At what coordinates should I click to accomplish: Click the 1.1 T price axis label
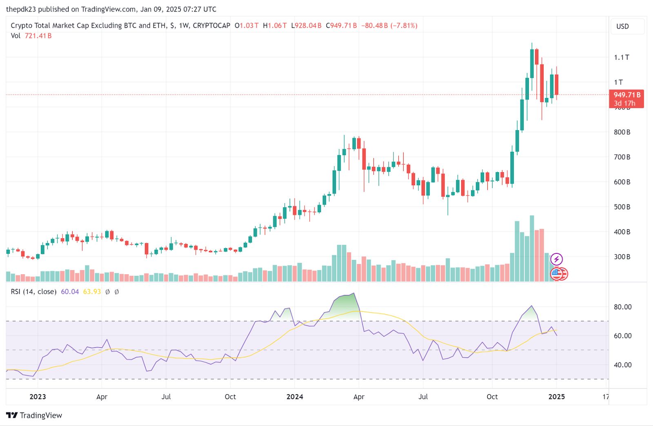tap(621, 58)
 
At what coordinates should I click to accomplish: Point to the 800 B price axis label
tap(622, 132)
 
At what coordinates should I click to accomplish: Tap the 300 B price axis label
tap(622, 257)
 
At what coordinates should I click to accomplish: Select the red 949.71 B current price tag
tap(626, 99)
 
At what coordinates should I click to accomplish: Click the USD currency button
tap(623, 27)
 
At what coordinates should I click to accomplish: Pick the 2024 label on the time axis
tap(295, 397)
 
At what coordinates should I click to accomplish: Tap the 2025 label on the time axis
tap(556, 397)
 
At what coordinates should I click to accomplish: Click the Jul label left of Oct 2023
tap(166, 397)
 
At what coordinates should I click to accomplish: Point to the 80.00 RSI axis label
tap(622, 307)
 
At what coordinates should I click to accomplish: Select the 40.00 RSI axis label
tap(622, 365)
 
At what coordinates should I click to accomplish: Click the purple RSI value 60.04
tap(70, 292)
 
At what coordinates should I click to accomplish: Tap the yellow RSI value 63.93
tap(92, 292)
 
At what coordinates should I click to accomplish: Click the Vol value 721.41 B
tap(38, 36)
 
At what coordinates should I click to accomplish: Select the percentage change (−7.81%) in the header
tap(404, 26)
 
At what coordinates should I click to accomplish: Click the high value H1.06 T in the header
tap(275, 26)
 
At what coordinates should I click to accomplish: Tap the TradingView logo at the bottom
tap(34, 415)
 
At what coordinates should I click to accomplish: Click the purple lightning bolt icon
tap(557, 259)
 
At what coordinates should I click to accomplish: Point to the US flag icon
tap(557, 273)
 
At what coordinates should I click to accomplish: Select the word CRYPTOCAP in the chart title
tap(211, 26)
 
